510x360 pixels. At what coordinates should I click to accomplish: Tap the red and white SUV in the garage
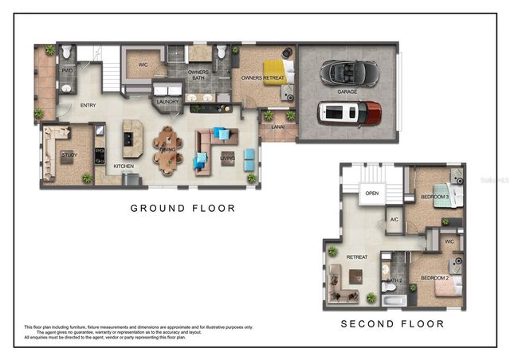coord(348,112)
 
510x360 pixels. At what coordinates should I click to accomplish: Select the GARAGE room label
coord(347,92)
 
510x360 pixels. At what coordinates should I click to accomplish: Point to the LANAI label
coord(277,126)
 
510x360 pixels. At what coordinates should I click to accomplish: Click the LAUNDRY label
coord(167,102)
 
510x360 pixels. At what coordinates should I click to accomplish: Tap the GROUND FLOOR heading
coord(183,209)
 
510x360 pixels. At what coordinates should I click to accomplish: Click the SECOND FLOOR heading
coord(392,324)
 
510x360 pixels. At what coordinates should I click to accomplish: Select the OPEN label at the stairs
coord(371,193)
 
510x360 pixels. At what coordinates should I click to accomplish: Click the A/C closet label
coord(394,219)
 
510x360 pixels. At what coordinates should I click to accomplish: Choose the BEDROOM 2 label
coord(434,277)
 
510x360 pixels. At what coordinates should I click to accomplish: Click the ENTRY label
coord(88,106)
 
